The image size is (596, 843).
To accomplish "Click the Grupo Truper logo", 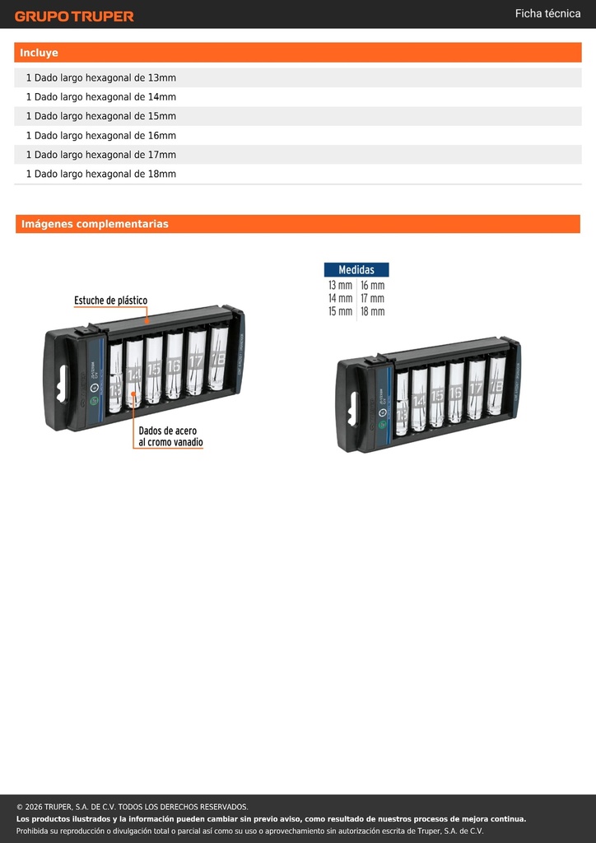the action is [74, 16].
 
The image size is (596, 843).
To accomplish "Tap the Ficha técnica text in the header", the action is [547, 13].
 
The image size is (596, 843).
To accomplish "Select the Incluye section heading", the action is [39, 53].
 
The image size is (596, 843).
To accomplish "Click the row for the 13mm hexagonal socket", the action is [298, 77].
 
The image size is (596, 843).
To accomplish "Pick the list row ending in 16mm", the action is [298, 136].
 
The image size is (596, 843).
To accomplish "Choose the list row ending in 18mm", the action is [298, 174].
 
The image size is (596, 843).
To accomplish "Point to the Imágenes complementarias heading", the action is [95, 224].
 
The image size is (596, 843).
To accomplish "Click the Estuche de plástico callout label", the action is [110, 300].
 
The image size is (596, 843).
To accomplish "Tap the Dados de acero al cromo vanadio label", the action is [170, 436].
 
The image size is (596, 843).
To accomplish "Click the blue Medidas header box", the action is [356, 270].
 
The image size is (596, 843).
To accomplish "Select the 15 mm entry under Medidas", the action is [340, 311].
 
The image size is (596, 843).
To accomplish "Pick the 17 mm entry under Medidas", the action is [372, 298].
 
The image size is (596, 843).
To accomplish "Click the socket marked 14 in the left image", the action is [134, 372].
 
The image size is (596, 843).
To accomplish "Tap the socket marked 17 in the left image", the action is [196, 361].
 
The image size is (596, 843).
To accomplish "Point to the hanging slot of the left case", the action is [63, 384].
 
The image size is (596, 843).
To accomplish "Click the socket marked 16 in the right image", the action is [456, 392].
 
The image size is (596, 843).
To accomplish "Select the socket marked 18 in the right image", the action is [496, 384].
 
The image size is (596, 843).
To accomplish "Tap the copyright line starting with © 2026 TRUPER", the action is [133, 807].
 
